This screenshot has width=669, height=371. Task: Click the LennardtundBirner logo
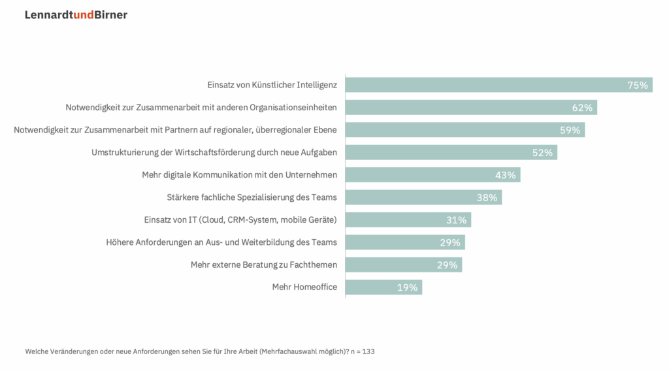pyautogui.click(x=76, y=15)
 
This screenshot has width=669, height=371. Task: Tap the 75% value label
pyautogui.click(x=637, y=86)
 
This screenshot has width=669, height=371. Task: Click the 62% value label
pyautogui.click(x=582, y=108)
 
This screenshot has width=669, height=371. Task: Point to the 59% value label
pyautogui.click(x=570, y=130)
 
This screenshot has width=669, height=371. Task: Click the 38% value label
pyautogui.click(x=487, y=197)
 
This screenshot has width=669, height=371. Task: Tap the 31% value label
pyautogui.click(x=456, y=220)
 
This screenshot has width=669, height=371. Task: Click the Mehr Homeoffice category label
pyautogui.click(x=304, y=287)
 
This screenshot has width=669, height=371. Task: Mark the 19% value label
pyautogui.click(x=407, y=287)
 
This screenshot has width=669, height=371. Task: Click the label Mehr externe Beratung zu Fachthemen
pyautogui.click(x=264, y=265)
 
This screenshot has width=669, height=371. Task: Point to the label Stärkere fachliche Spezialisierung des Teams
pyautogui.click(x=252, y=197)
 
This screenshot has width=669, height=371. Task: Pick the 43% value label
pyautogui.click(x=505, y=175)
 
